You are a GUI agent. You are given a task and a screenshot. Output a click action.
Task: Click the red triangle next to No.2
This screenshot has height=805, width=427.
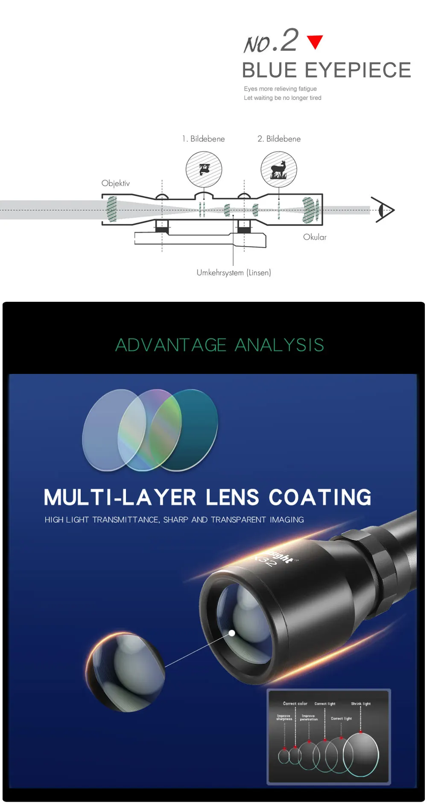315,41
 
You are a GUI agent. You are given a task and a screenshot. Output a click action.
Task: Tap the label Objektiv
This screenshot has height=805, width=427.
115,184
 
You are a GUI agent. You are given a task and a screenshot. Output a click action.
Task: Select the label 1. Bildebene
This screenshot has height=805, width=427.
203,139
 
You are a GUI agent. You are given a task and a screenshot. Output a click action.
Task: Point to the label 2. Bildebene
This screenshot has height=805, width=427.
279,139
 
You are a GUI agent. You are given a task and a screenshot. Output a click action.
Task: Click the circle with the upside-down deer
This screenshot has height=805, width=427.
204,169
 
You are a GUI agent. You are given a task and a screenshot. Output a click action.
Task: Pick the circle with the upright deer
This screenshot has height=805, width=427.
279,169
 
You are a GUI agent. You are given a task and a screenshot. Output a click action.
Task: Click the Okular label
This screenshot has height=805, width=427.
315,237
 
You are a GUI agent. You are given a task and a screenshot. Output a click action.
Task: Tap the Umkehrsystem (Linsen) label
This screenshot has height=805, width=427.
234,273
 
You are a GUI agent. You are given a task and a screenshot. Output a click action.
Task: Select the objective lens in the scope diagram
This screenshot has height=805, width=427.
112,209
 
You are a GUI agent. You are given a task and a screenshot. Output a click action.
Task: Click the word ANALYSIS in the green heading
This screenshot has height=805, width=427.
280,345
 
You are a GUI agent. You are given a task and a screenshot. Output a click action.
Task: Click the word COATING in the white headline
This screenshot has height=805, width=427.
320,498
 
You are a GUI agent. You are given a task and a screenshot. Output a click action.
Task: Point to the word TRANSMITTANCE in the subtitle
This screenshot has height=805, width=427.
126,520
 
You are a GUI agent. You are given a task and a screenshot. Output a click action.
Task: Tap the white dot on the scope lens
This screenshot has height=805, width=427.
232,633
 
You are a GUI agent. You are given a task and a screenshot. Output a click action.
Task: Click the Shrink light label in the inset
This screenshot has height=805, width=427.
361,704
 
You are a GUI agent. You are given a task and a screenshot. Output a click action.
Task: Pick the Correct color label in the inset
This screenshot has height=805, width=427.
295,703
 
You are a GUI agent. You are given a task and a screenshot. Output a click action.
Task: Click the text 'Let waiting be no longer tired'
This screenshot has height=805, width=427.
282,98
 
